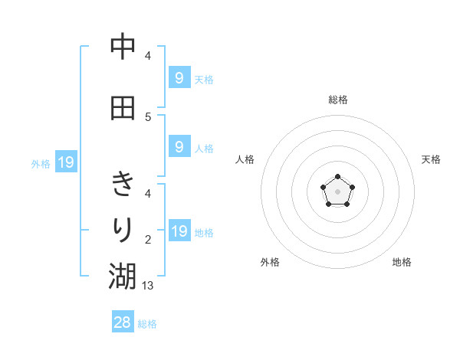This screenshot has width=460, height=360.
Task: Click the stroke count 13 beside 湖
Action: coord(149,285)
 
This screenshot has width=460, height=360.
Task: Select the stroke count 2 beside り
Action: coord(148,239)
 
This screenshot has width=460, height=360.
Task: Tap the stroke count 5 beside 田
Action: coord(148,116)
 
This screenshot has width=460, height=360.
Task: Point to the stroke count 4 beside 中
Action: coord(148,56)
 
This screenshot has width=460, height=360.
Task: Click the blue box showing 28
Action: coord(123,322)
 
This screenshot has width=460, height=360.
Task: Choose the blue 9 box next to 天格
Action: coord(179,77)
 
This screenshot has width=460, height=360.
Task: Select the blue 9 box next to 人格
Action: coord(179,147)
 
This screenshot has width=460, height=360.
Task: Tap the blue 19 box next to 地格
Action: coord(179,231)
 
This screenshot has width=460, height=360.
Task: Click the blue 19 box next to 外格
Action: coord(65,162)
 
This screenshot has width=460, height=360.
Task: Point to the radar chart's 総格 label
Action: coord(337,100)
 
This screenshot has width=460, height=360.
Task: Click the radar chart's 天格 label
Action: coord(432,159)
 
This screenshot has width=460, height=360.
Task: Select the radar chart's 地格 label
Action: coord(402,262)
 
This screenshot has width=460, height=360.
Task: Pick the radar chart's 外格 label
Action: coord(270,262)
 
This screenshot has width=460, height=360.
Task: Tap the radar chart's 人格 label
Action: coord(245,159)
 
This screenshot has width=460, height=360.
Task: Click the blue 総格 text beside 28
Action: coord(147,324)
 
